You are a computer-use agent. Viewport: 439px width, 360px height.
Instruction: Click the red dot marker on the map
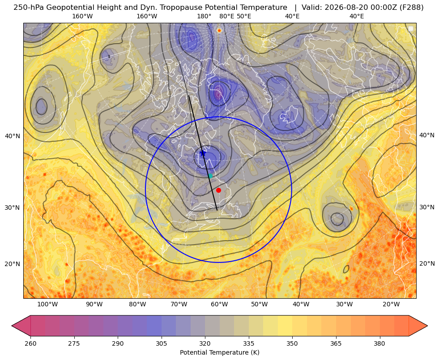pyautogui.click(x=219, y=190)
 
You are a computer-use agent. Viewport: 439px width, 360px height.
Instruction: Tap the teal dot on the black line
pyautogui.click(x=210, y=176)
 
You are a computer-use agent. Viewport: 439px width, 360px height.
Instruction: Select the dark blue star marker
pyautogui.click(x=203, y=153)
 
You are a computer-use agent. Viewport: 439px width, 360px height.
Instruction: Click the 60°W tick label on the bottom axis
pyautogui.click(x=219, y=305)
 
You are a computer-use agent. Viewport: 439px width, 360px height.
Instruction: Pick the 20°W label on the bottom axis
pyautogui.click(x=391, y=305)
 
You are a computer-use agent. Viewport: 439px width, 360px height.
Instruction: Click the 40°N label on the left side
pyautogui.click(x=13, y=136)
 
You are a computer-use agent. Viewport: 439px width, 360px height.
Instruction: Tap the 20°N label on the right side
pyautogui.click(x=427, y=263)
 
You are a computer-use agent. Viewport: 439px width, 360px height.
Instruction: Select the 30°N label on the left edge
pyautogui.click(x=13, y=208)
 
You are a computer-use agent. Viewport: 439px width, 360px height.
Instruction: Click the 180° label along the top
pyautogui.click(x=204, y=16)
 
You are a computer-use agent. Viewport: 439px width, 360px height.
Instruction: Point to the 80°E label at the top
pyautogui.click(x=226, y=16)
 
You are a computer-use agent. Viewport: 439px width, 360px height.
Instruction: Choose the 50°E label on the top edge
pyautogui.click(x=244, y=16)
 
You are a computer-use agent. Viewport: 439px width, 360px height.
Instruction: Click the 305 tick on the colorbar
pyautogui.click(x=161, y=343)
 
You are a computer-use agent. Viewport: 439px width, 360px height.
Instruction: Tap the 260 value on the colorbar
pyautogui.click(x=30, y=343)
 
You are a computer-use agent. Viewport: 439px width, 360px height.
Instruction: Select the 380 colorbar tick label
pyautogui.click(x=379, y=343)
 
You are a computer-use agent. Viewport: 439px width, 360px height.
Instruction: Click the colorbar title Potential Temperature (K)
pyautogui.click(x=219, y=352)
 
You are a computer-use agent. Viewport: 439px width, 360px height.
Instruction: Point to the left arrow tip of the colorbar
pyautogui.click(x=12, y=326)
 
